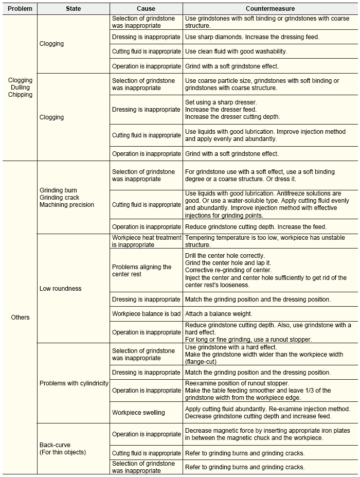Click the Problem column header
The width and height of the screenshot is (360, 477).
click(x=20, y=9)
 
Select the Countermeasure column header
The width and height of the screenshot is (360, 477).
click(x=270, y=9)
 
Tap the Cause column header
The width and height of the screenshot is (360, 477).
click(x=146, y=9)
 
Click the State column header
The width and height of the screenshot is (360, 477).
click(x=74, y=9)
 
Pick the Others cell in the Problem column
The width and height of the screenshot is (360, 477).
click(x=20, y=317)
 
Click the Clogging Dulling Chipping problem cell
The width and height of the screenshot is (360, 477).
click(x=20, y=87)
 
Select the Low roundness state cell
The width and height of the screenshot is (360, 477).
click(x=60, y=289)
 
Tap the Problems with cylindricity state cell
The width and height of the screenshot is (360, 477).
click(x=74, y=383)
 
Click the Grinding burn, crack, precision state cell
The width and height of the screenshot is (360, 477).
click(x=66, y=198)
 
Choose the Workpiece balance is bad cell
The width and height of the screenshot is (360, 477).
click(x=146, y=313)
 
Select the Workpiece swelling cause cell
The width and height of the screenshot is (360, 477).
click(x=138, y=412)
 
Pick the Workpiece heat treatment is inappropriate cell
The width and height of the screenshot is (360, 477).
click(x=147, y=241)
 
